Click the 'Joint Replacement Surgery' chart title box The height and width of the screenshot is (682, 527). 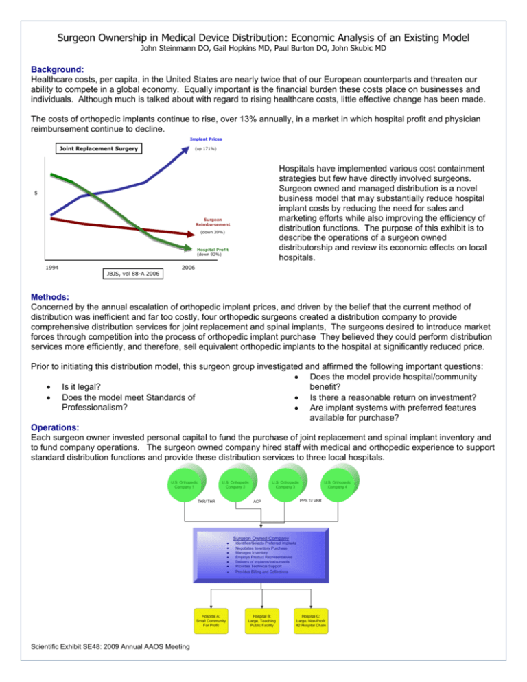point(92,149)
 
